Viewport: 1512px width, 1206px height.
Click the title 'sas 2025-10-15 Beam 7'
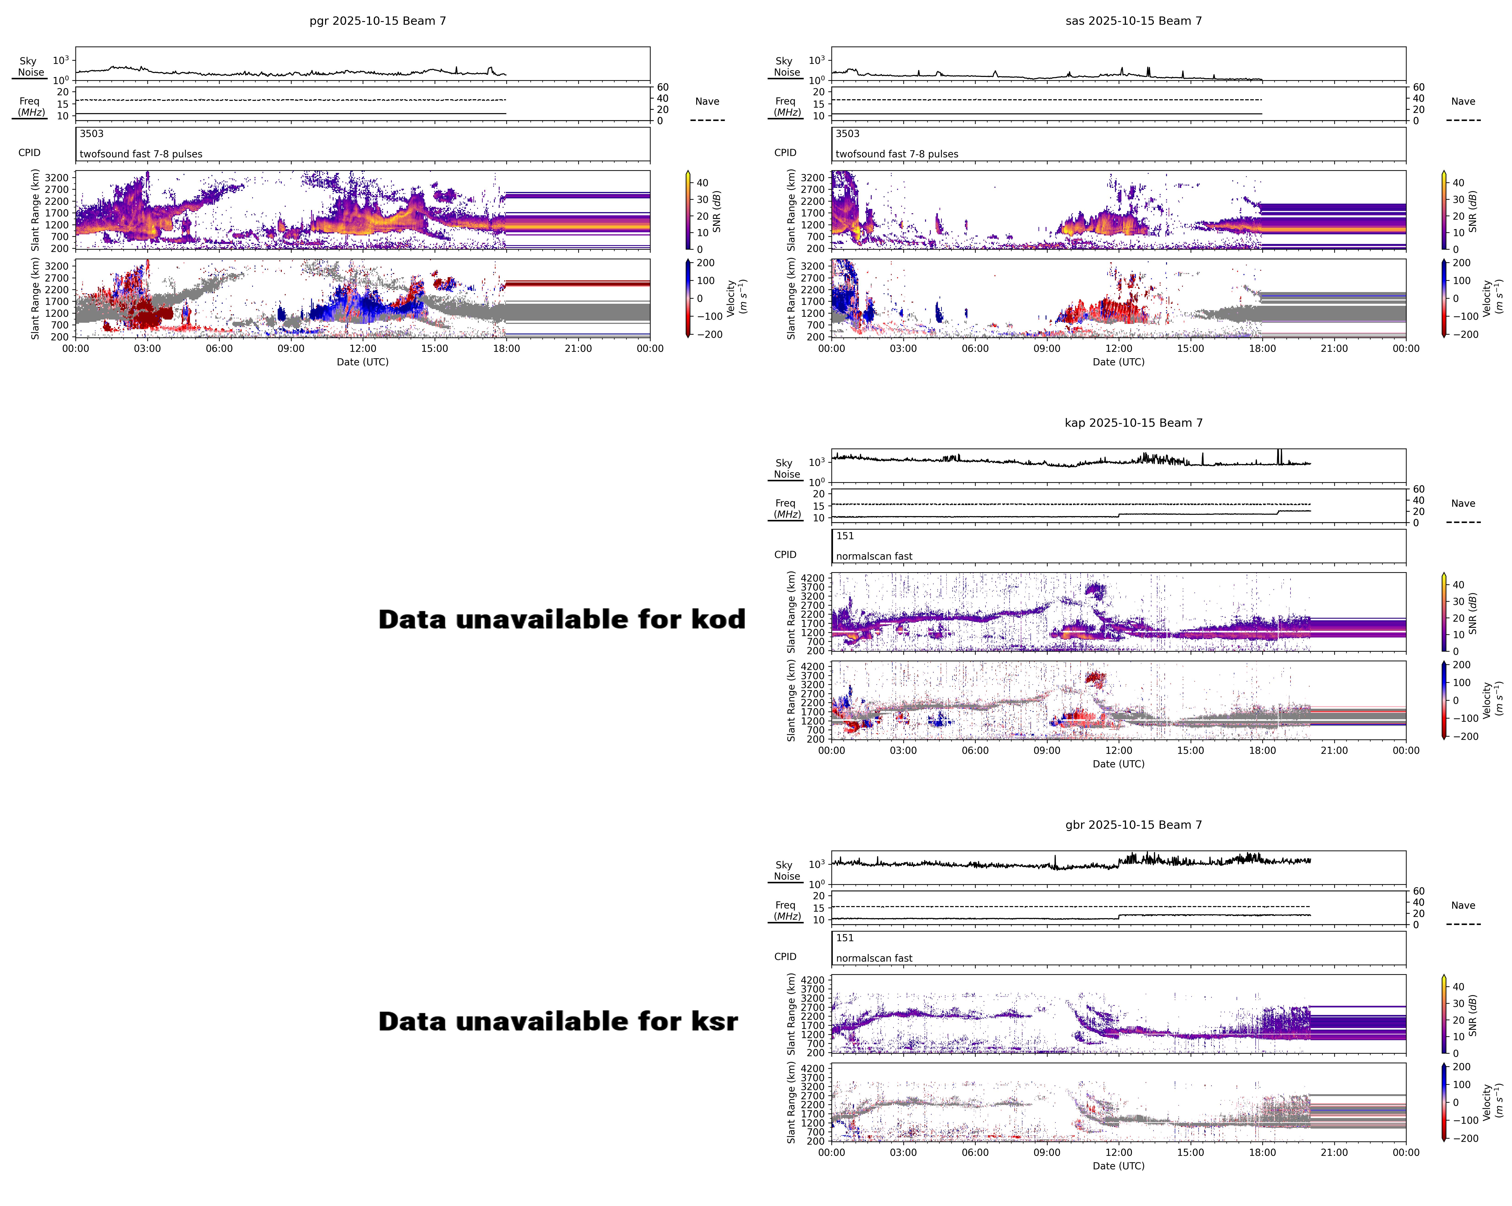pos(1133,21)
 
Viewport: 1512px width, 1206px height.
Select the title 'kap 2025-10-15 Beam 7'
pos(1133,423)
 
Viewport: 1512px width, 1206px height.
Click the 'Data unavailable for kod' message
pos(562,619)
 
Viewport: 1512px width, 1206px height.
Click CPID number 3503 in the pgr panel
pos(91,134)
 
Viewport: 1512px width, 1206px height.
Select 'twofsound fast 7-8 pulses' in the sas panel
pos(896,154)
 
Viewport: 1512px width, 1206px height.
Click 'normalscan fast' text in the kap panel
pos(874,556)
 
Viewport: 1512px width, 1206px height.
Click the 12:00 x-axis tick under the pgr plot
pos(363,348)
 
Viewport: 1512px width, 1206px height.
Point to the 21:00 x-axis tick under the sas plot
pos(1334,348)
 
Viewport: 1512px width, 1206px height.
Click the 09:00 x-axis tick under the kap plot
pos(1046,750)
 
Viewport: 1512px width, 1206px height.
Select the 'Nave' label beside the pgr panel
pos(707,102)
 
